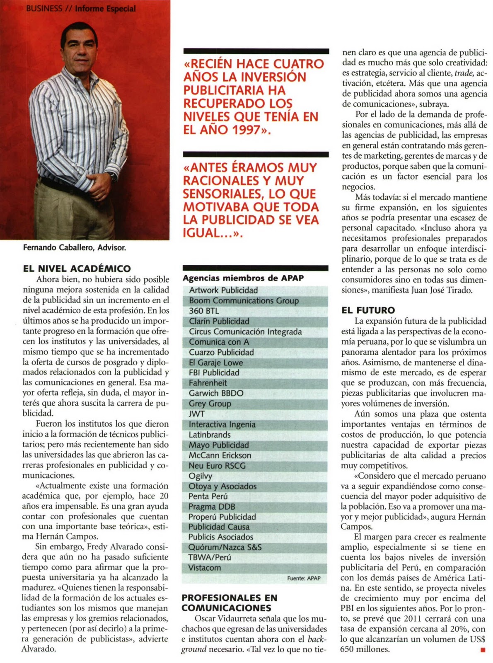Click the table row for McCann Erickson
[x=220, y=455]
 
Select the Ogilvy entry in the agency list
[x=201, y=476]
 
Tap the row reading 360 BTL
[x=204, y=311]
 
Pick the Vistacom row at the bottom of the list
[x=204, y=568]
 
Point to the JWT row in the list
[x=197, y=414]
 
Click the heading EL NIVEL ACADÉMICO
[x=77, y=269]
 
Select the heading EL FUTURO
[x=368, y=310]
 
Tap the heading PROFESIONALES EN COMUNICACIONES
[x=229, y=603]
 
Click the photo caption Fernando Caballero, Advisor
[x=75, y=248]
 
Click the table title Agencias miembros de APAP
[x=243, y=278]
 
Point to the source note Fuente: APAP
[x=304, y=578]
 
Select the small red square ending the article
[x=483, y=650]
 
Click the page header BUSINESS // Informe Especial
[x=81, y=8]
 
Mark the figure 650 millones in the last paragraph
[x=365, y=649]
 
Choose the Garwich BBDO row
[x=216, y=393]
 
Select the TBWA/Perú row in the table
[x=209, y=557]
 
